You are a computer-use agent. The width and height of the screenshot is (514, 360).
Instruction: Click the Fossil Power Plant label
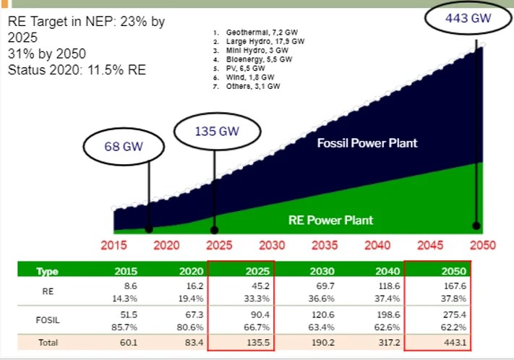pyautogui.click(x=367, y=143)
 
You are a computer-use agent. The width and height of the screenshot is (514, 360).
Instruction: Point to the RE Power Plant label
pyautogui.click(x=331, y=220)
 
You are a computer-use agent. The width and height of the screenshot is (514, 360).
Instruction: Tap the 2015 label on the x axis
pyautogui.click(x=114, y=245)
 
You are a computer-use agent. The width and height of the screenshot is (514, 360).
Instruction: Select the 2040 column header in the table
pyautogui.click(x=378, y=271)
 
